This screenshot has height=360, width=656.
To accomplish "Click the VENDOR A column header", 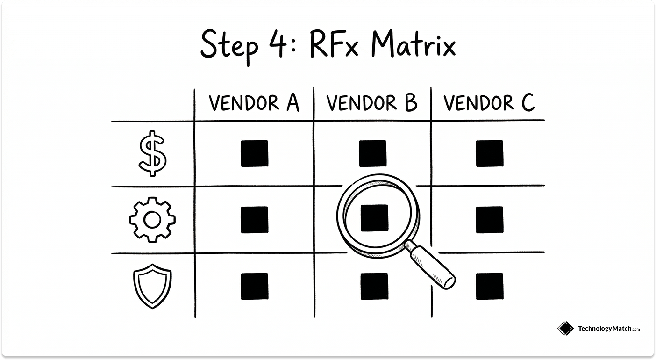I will (254, 103).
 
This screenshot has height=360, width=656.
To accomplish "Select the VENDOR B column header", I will (372, 103).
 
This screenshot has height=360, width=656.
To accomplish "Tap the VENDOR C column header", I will (489, 103).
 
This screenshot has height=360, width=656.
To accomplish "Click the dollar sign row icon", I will (152, 153).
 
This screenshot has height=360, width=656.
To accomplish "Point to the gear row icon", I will (152, 219).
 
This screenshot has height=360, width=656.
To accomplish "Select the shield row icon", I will (152, 286).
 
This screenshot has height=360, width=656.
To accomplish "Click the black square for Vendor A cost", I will (255, 153).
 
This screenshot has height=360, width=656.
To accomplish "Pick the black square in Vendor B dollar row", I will (372, 153).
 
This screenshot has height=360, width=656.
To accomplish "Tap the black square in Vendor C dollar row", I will (490, 153).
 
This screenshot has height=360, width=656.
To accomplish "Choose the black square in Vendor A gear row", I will (255, 220).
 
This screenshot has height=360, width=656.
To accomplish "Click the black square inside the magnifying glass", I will (374, 218).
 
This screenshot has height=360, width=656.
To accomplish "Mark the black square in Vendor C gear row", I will (490, 220).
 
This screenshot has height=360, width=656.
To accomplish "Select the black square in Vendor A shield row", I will (255, 286).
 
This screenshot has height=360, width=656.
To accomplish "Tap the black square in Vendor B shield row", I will (374, 286).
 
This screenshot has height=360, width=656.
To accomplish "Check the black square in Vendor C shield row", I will (490, 286).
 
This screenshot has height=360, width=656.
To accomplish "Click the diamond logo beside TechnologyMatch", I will (565, 329).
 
